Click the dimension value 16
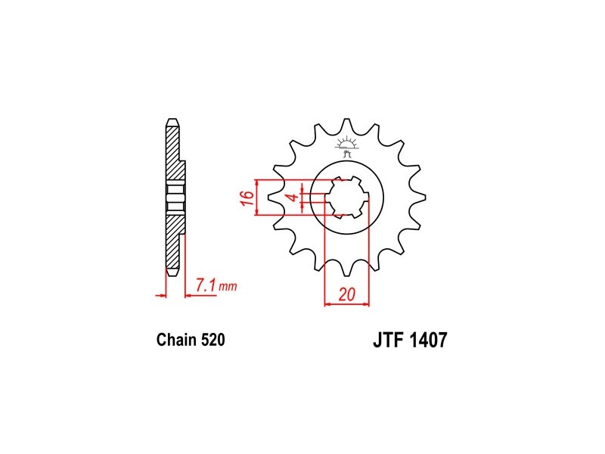[x=249, y=197]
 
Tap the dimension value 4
[x=293, y=197]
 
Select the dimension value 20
[x=347, y=295]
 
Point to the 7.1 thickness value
[x=206, y=286]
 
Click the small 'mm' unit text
[x=228, y=287]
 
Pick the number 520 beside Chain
[x=213, y=340]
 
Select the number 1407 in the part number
[x=428, y=340]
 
